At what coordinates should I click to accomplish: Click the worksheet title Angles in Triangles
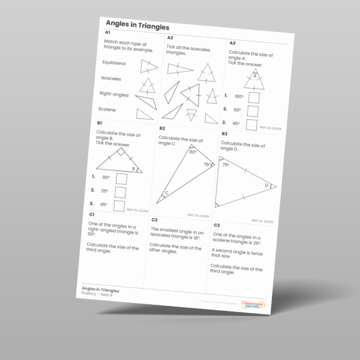click(x=137, y=26)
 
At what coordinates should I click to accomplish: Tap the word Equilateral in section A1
click(x=113, y=62)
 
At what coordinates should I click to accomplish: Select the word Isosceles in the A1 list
click(x=111, y=78)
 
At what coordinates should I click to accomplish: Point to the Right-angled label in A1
click(x=113, y=94)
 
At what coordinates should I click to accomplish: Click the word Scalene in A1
click(x=108, y=110)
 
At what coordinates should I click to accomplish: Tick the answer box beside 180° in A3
click(x=252, y=98)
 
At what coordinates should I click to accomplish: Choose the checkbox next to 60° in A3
click(x=252, y=112)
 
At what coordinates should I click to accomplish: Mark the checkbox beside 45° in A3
click(x=251, y=125)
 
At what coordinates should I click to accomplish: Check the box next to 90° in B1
click(x=121, y=178)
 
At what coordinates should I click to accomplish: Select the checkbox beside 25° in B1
click(x=120, y=192)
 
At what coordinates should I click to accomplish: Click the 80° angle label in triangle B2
click(x=193, y=152)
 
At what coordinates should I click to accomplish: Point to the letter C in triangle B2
click(x=166, y=193)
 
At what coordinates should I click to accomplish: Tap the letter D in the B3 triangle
click(x=267, y=185)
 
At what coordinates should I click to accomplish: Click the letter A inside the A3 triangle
click(x=254, y=76)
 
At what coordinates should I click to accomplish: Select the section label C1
click(x=92, y=214)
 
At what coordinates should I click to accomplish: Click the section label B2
click(x=162, y=128)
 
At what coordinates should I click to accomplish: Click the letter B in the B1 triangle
click(x=133, y=169)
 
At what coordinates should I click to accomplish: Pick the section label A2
click(x=170, y=38)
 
